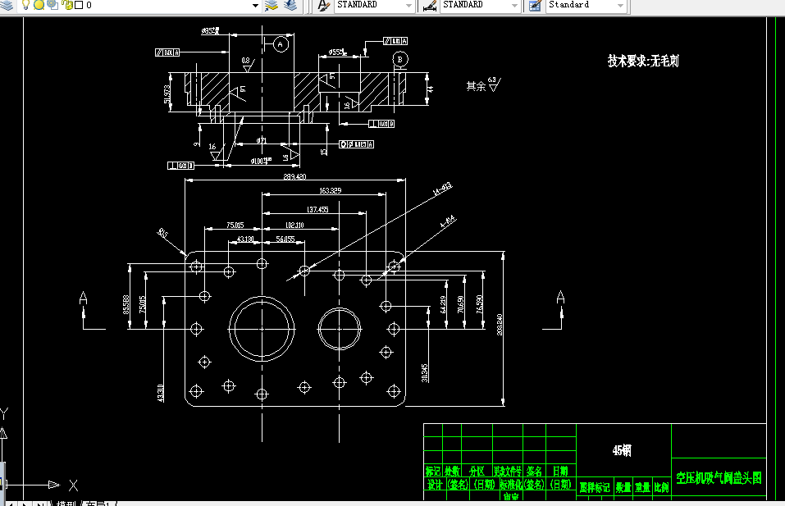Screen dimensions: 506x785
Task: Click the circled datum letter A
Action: [x=281, y=44]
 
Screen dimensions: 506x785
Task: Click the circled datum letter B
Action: [x=399, y=59]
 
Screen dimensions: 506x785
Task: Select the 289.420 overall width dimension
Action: [x=294, y=176]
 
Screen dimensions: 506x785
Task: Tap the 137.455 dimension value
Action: [x=317, y=209]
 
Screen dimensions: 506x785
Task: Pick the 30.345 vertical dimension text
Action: [x=425, y=373]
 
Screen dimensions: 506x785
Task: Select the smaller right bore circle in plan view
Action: [x=339, y=329]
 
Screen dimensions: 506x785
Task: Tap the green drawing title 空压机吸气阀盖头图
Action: [x=719, y=477]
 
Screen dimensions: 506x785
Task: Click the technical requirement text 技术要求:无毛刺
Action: [x=643, y=61]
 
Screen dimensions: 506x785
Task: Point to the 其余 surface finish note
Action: [x=476, y=85]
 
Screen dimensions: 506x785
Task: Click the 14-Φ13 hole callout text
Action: [x=441, y=190]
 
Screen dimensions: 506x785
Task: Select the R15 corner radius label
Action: [x=162, y=234]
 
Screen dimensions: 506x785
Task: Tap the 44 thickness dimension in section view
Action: [x=429, y=88]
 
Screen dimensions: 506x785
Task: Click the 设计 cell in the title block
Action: [x=434, y=485]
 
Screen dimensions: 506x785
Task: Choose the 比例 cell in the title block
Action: [x=661, y=487]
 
